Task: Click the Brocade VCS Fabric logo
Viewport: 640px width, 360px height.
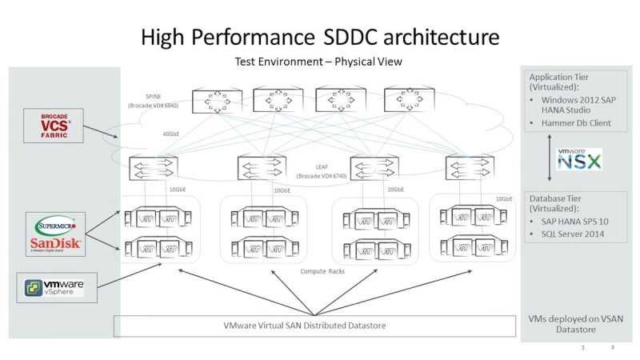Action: (54, 126)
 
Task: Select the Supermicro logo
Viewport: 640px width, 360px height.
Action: (54, 223)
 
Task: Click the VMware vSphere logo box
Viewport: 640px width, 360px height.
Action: (57, 287)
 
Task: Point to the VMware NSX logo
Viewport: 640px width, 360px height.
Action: (580, 159)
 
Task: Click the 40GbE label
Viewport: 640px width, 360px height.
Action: (171, 134)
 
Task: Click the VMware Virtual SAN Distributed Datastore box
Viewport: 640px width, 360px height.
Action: (314, 326)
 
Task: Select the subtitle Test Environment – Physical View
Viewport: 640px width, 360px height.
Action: (318, 62)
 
